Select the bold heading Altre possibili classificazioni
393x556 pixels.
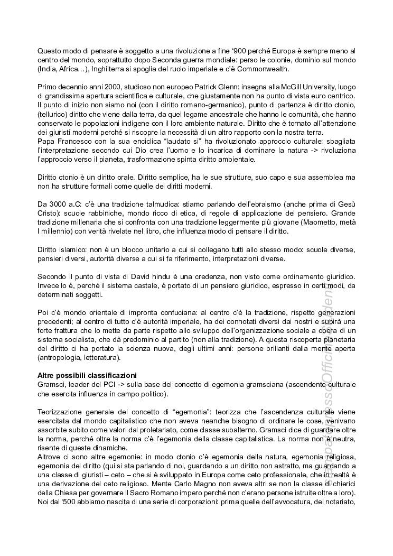(x=87, y=375)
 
